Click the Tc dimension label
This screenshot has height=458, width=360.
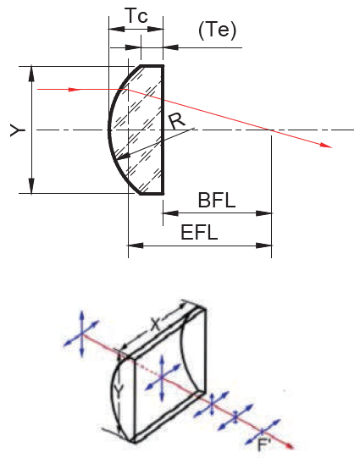136,16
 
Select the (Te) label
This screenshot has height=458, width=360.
217,30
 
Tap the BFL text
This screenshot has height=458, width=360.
217,201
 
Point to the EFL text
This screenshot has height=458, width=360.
199,233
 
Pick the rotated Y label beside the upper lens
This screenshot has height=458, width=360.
18,130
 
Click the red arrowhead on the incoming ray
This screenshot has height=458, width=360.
75,90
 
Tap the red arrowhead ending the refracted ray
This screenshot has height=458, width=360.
326,145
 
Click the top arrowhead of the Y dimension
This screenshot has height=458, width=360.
31,74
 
